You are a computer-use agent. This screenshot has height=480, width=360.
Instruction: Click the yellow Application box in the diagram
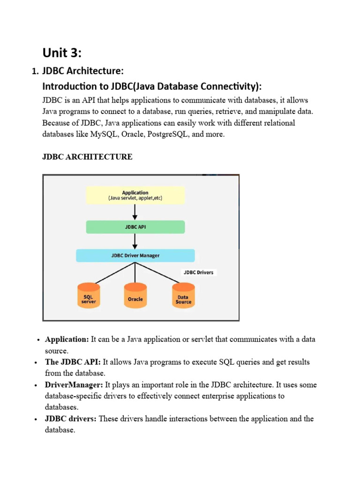pos(135,195)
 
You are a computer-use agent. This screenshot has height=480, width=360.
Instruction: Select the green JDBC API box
pos(135,227)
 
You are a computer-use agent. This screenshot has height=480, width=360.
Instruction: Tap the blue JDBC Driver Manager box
pos(135,255)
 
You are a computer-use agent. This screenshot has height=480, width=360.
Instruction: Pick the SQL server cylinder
pos(88,297)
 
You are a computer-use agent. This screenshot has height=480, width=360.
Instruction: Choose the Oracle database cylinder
pos(135,297)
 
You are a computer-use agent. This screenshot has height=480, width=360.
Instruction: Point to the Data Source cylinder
pos(183,297)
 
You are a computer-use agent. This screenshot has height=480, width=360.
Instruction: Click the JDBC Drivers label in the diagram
pos(198,272)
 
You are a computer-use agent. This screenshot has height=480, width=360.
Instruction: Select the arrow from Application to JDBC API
pos(135,212)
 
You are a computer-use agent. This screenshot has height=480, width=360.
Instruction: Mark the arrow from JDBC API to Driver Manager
pos(135,241)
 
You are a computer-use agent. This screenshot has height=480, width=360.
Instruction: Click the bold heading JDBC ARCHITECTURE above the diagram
pos(87,157)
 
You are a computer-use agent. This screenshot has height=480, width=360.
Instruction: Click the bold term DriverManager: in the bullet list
pos(74,385)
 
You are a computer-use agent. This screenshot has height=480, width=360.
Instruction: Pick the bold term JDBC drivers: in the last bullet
pos(71,419)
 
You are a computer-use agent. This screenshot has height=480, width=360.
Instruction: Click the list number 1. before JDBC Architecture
pos(34,72)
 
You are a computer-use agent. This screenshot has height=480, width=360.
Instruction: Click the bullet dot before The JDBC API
pos(37,363)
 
